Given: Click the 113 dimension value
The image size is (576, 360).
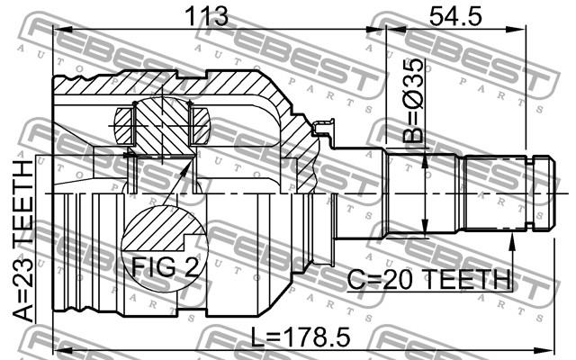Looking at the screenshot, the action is pos(207,16).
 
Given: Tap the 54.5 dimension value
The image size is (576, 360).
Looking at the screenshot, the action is pos(454,16).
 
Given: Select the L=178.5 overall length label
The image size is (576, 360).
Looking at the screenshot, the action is pos(301,337).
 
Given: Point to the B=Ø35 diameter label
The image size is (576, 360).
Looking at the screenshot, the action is pos(412,100).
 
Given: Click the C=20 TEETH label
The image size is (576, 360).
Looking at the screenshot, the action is pos(429,279).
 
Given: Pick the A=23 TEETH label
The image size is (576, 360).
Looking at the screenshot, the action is pos(23,241).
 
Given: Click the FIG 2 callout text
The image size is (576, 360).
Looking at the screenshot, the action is pos(165,266).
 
